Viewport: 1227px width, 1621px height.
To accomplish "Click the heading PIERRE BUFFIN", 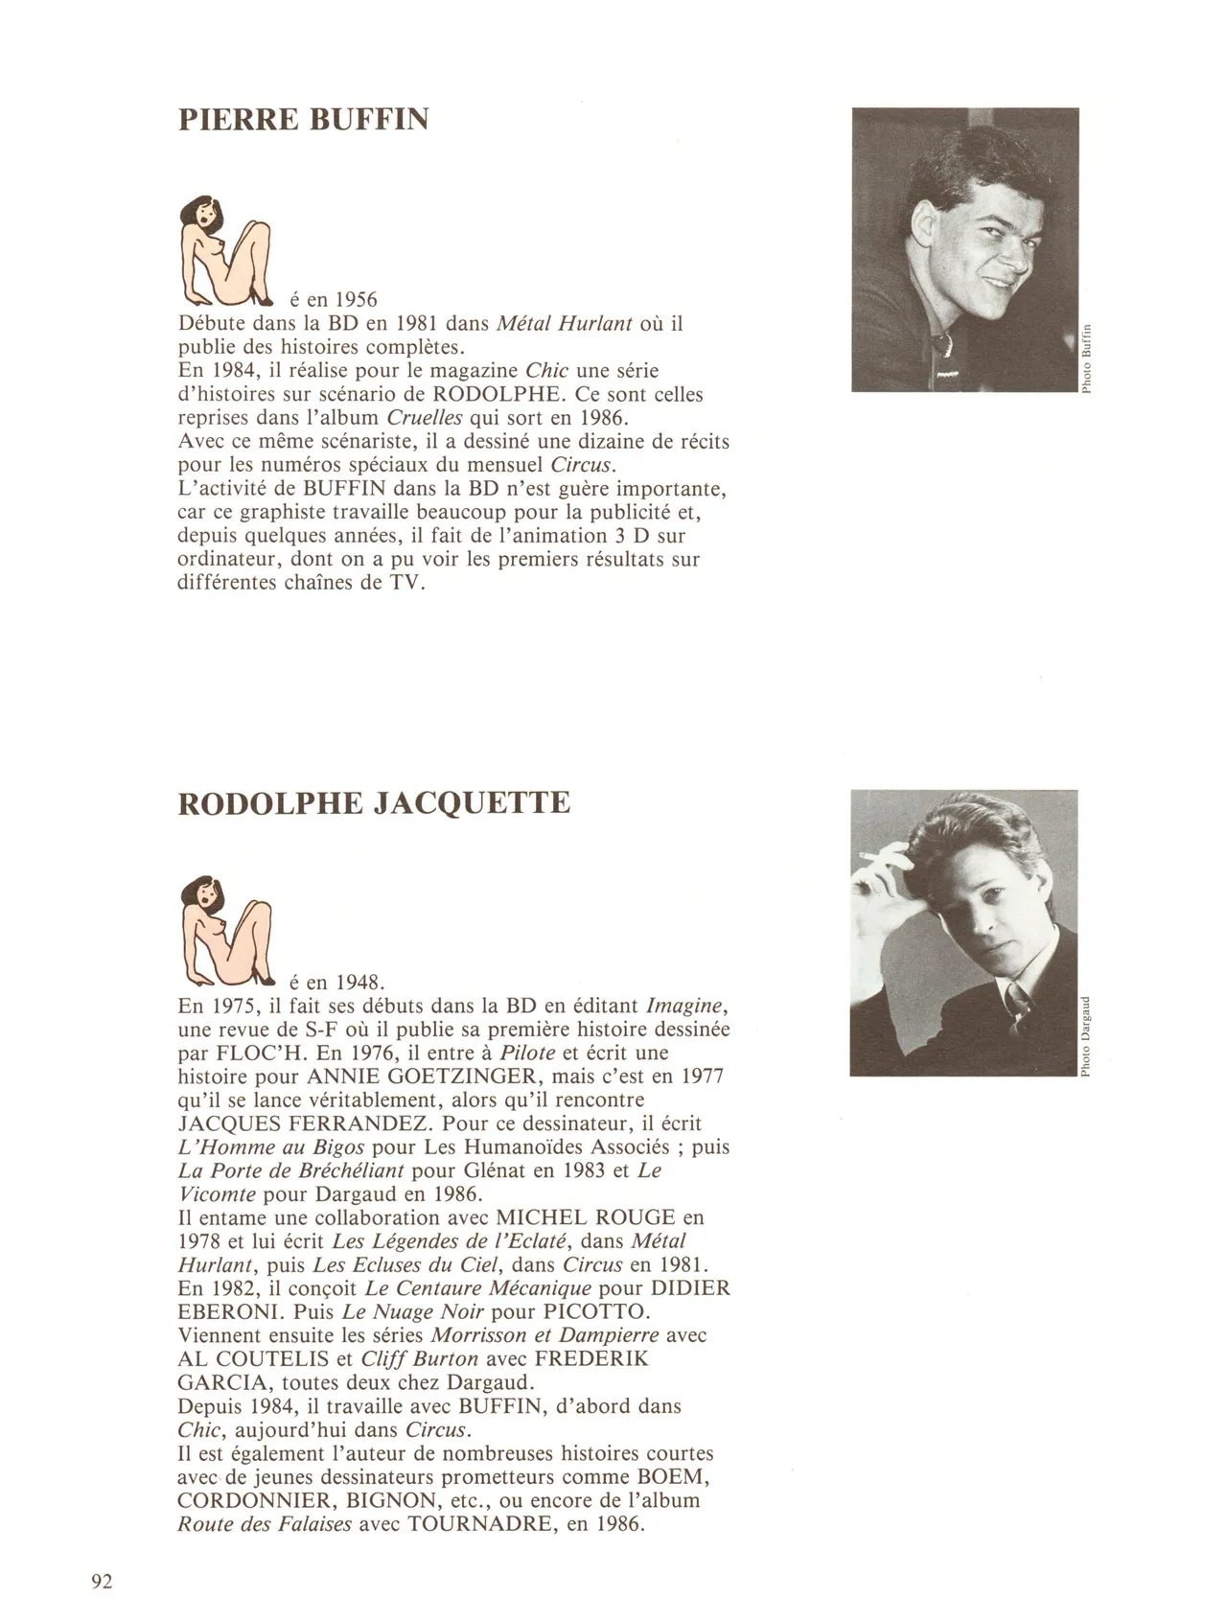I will pyautogui.click(x=303, y=120).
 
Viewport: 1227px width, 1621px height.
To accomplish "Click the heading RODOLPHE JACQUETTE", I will pyautogui.click(x=374, y=803).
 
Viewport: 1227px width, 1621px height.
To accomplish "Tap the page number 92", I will pyautogui.click(x=102, y=1582).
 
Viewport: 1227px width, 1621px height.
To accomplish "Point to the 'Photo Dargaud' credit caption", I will pyautogui.click(x=1086, y=1036).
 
